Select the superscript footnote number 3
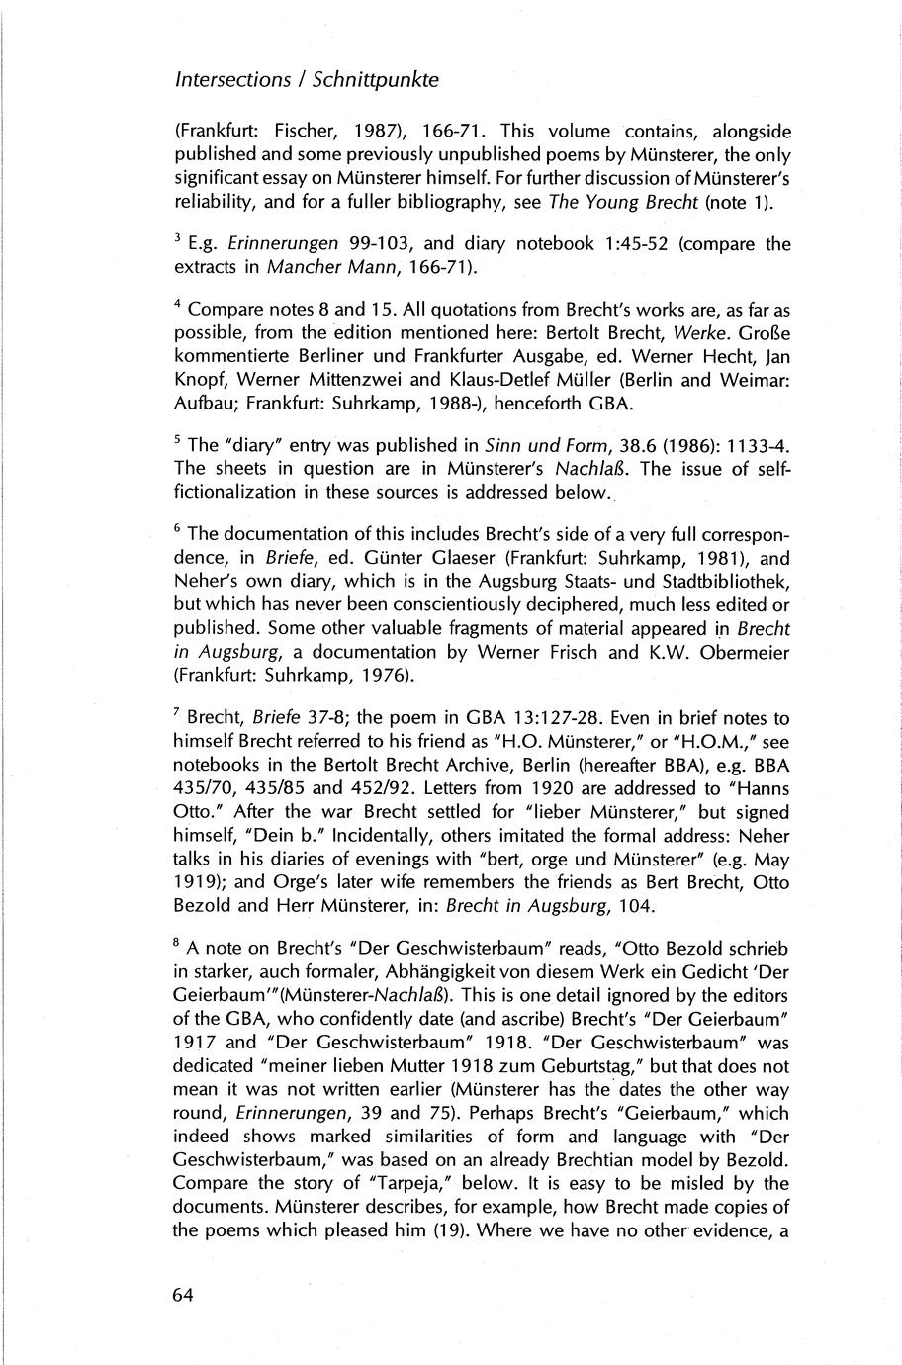(177, 239)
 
